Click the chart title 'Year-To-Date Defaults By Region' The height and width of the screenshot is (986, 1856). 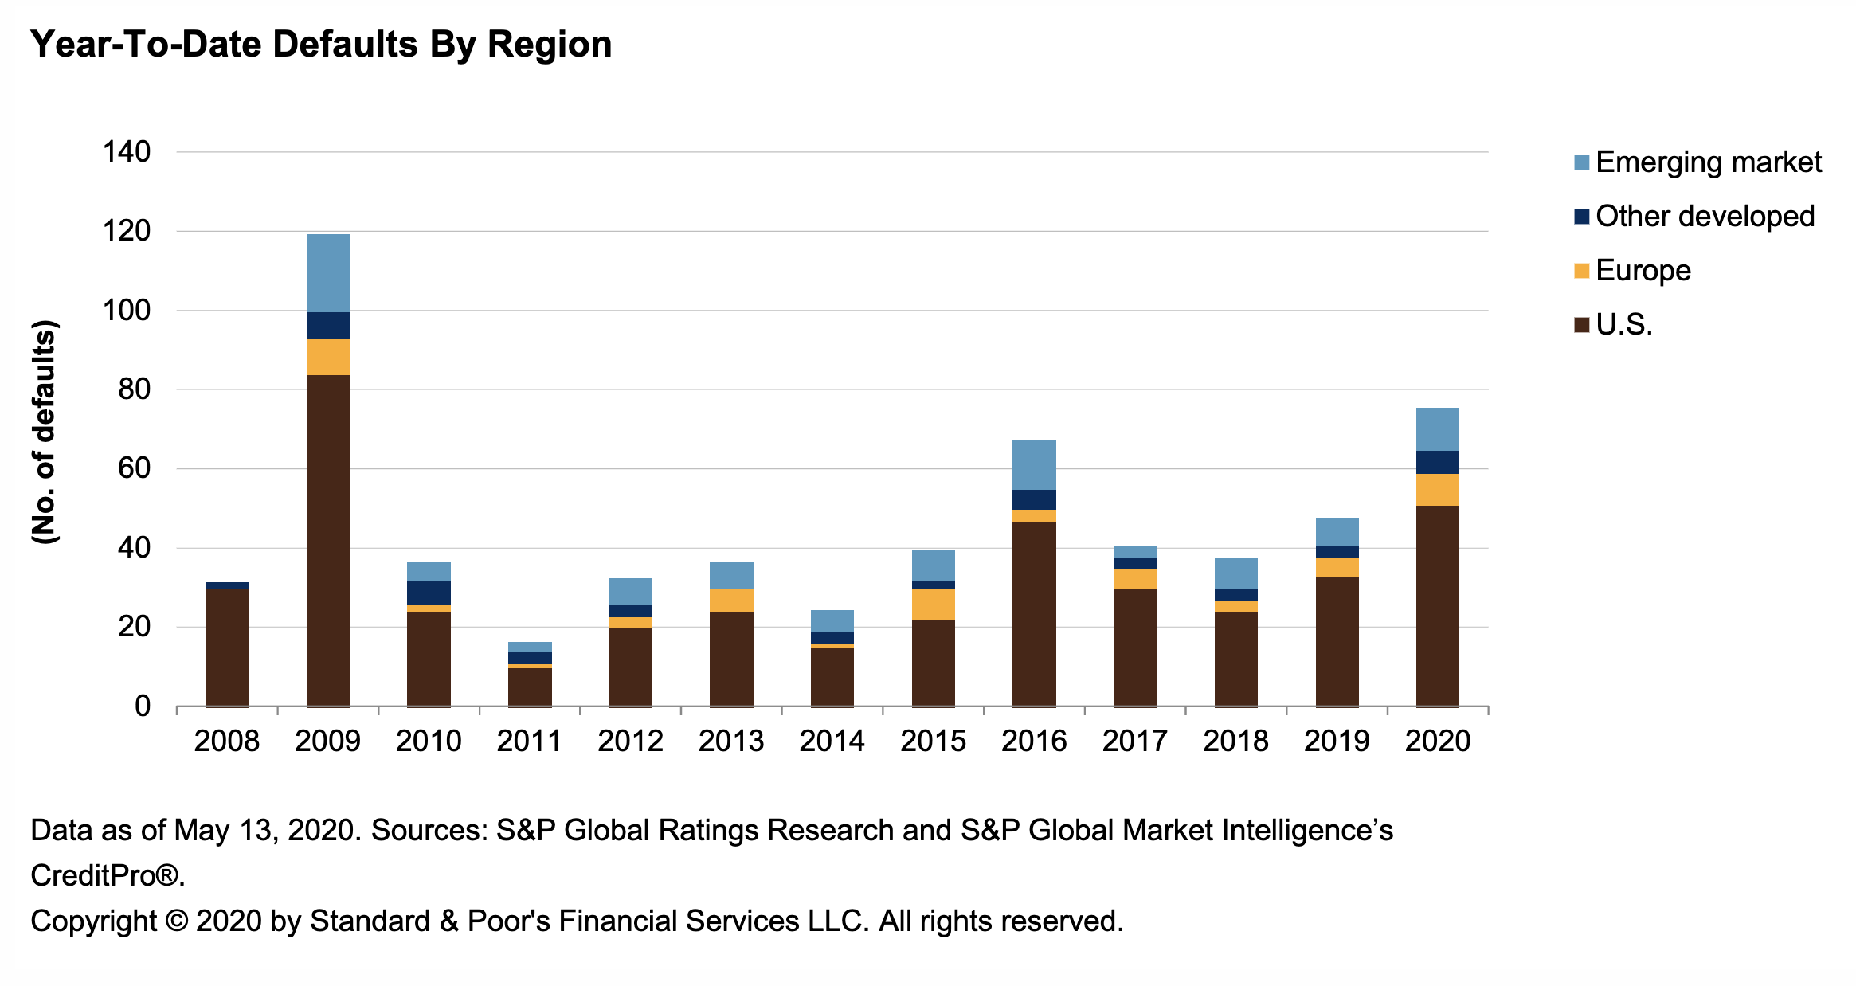click(321, 45)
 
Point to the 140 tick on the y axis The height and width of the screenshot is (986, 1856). click(127, 151)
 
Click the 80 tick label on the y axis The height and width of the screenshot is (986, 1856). click(134, 389)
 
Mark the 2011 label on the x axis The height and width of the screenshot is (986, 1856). click(529, 741)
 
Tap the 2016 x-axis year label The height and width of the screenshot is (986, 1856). click(1034, 741)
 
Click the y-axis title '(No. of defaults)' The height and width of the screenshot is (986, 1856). click(45, 432)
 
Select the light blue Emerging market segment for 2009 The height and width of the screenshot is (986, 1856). click(328, 273)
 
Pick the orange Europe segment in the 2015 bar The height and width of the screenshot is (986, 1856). click(933, 605)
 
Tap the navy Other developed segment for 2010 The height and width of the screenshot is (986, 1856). click(429, 593)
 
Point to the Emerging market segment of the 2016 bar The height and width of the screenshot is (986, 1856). click(1034, 464)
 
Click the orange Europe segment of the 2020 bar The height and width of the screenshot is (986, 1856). click(1438, 490)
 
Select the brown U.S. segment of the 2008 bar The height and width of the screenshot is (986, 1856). click(227, 647)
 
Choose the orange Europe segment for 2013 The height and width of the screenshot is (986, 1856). click(731, 601)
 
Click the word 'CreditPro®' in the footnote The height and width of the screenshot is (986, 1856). click(106, 876)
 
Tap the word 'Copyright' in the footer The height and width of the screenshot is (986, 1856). click(93, 921)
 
